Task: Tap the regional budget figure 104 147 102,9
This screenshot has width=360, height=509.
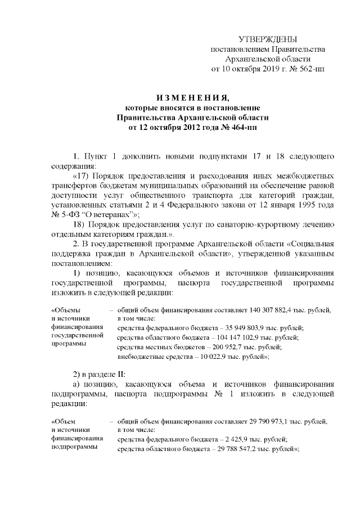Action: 242,337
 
